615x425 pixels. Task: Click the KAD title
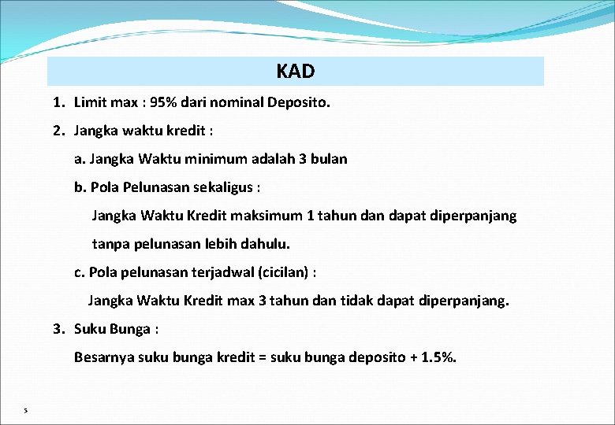[x=296, y=72]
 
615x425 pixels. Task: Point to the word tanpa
[x=111, y=244]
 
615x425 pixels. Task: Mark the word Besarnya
[x=104, y=357]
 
